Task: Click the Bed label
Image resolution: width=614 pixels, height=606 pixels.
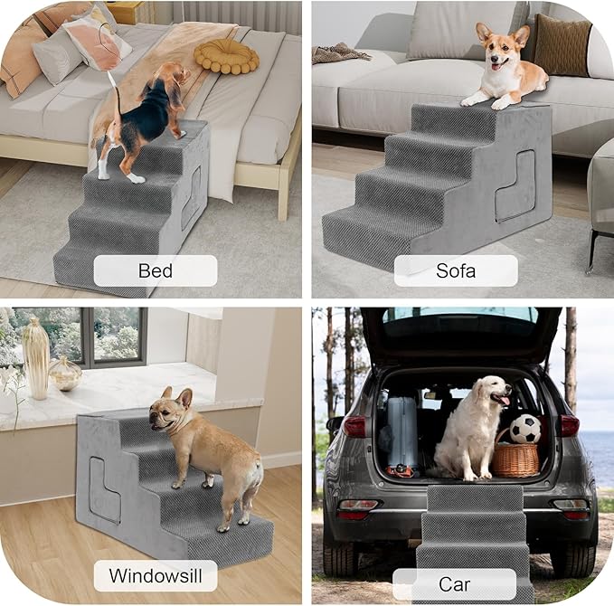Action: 156,270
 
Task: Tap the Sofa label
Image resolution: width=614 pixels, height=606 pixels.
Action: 457,270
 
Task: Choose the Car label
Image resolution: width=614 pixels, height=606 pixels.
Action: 454,584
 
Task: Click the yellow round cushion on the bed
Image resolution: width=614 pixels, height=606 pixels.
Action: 226,56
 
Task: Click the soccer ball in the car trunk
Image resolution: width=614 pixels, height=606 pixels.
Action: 525,429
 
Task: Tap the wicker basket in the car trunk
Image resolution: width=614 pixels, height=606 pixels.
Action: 515,458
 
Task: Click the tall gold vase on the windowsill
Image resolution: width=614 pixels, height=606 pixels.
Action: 36,357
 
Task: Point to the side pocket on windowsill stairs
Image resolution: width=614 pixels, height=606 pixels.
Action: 105,489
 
